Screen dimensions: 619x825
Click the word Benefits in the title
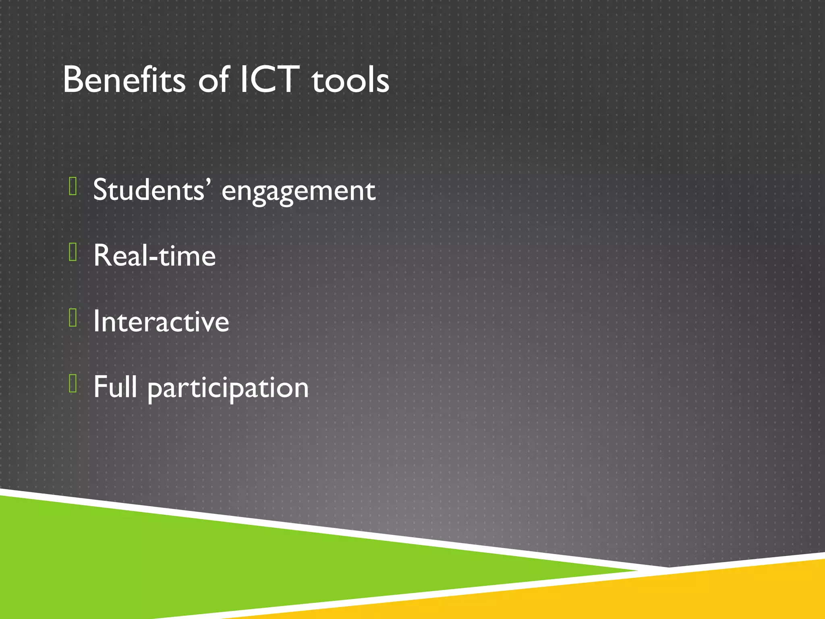124,80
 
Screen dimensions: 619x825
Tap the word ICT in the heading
269,80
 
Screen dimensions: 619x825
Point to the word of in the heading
214,80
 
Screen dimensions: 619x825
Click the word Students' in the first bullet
151,189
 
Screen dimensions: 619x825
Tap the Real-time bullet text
155,255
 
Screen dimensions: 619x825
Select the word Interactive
161,322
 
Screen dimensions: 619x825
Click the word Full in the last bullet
115,387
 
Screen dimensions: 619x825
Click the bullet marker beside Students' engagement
73,186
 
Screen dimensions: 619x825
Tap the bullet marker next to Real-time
73,252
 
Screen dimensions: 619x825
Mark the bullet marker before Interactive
73,318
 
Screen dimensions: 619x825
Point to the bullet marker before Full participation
73,383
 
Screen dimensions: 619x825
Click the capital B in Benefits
73,80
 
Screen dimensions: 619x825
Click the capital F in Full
100,386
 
